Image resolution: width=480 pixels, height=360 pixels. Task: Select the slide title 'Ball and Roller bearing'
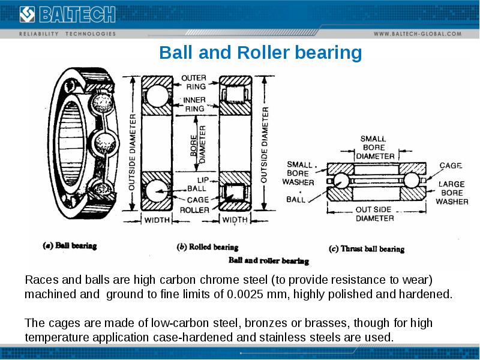260,53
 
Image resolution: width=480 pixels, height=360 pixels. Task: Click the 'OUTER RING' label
194,82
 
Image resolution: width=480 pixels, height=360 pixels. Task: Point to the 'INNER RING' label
194,104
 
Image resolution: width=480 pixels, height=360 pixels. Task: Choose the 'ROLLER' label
194,210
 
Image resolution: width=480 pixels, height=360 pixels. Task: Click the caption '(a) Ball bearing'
70,245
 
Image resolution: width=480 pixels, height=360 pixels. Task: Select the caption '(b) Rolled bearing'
207,247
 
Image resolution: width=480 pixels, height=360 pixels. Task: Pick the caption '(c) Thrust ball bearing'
367,248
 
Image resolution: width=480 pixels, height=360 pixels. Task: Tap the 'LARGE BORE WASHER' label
452,193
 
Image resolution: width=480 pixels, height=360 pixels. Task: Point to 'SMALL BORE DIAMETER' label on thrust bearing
376,148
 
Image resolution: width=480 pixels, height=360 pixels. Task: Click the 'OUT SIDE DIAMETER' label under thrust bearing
375,214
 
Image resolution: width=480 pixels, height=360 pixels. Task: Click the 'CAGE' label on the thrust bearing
450,165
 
